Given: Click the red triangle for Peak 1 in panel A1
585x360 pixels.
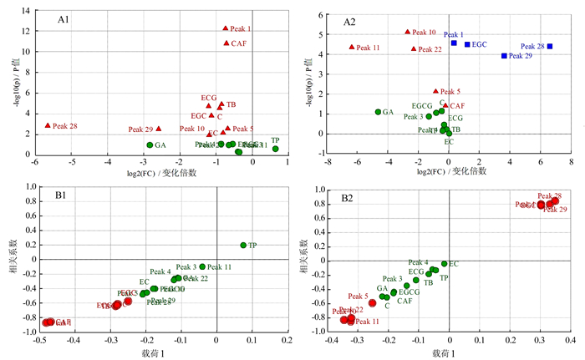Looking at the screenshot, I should point(225,28).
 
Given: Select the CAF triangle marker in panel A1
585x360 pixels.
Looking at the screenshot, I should point(226,43).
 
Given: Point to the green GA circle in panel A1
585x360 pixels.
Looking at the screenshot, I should point(150,145).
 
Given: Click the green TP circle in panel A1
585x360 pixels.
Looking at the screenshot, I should point(275,149).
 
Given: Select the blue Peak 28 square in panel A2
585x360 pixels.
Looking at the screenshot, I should point(549,47).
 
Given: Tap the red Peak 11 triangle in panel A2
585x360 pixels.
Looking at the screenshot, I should point(352,48).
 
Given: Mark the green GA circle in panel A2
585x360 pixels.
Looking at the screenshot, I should point(378,112).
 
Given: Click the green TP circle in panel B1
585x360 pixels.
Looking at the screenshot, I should point(243,246).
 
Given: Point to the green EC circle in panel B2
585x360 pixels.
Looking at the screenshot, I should point(444,264).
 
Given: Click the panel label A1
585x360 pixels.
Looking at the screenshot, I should point(63,18).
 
